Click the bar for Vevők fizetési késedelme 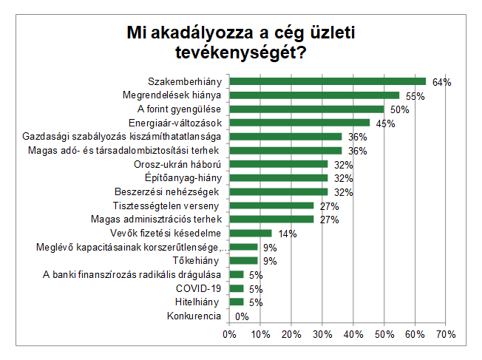[250, 233]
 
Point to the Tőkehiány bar [242, 260]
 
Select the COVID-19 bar [236, 288]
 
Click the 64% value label [441, 82]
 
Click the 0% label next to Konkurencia [241, 316]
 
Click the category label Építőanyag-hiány [180, 178]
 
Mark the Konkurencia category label [194, 316]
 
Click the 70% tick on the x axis [446, 334]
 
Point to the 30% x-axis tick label [322, 334]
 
